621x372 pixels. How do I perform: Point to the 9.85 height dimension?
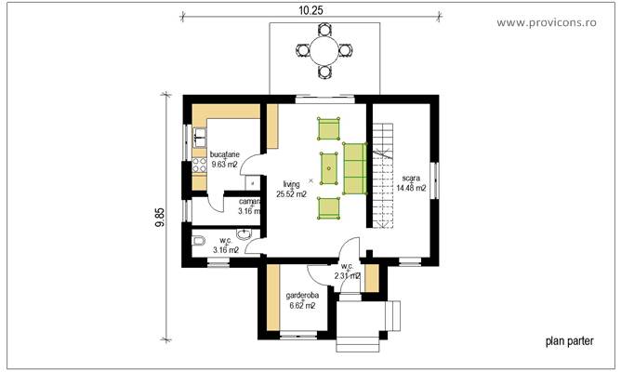click(x=160, y=219)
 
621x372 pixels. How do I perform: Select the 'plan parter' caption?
click(x=568, y=340)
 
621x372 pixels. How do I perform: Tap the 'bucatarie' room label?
click(x=226, y=154)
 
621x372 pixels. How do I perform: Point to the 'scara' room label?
click(x=411, y=178)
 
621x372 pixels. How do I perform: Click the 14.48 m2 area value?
click(x=411, y=188)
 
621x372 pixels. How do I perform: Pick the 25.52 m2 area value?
click(x=292, y=194)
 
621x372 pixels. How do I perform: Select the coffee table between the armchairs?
click(x=329, y=168)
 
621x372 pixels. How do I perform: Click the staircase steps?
click(x=384, y=177)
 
